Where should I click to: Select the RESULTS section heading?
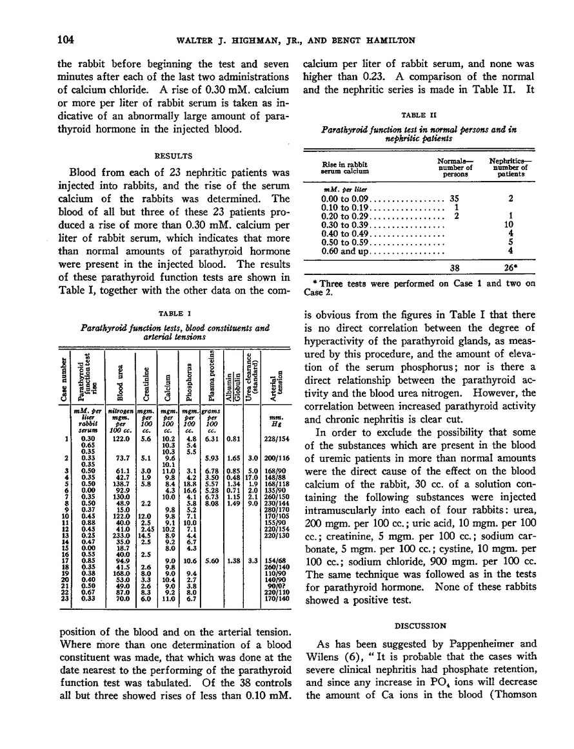tap(159, 155)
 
